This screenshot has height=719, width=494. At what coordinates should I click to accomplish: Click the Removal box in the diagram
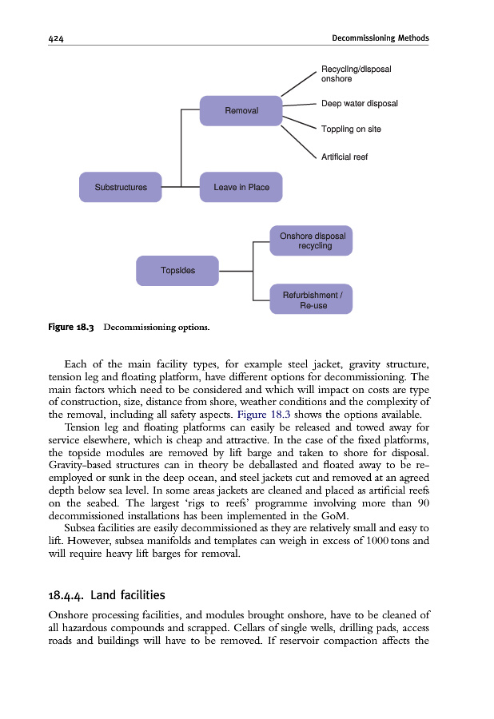[x=241, y=110]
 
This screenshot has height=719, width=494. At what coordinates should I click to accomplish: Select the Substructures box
[x=121, y=187]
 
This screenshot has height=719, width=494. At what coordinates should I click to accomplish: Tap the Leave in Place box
[x=241, y=187]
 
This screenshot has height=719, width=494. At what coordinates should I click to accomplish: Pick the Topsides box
[x=177, y=270]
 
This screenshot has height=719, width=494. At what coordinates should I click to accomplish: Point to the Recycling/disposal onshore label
[x=355, y=74]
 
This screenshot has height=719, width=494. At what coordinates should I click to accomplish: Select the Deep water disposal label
[x=359, y=104]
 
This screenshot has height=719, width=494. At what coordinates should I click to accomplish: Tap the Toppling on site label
[x=350, y=129]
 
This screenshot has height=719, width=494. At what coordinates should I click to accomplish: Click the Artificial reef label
[x=344, y=157]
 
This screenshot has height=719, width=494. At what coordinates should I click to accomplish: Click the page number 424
[x=56, y=38]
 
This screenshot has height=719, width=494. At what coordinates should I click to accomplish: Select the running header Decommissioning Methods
[x=380, y=38]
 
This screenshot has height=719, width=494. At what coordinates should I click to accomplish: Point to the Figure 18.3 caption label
[x=71, y=328]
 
